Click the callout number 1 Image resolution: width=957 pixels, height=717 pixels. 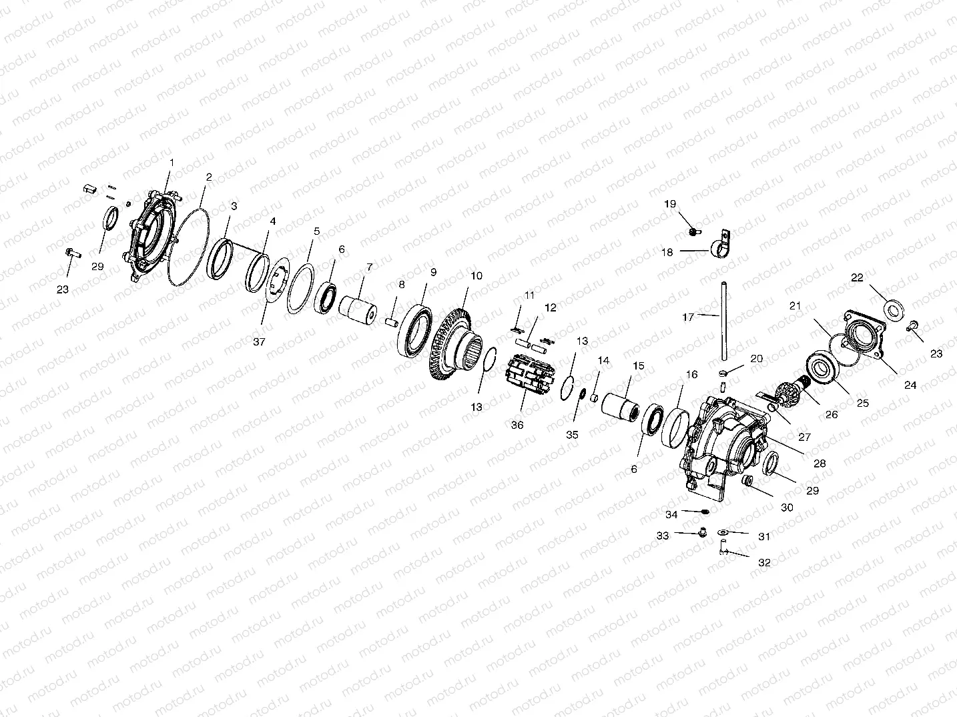point(172,163)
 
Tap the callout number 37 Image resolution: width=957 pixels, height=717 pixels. point(260,342)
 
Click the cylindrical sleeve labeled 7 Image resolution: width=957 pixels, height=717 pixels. point(358,311)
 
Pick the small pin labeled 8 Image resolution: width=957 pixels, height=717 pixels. point(392,323)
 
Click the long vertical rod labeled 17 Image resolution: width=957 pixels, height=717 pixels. point(724,321)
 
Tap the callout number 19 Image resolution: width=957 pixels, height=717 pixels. point(669,204)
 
